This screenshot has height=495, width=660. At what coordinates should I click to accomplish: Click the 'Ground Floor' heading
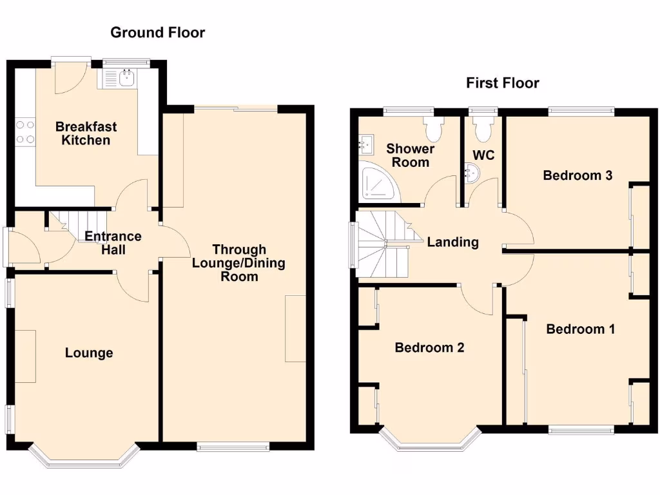click(x=157, y=32)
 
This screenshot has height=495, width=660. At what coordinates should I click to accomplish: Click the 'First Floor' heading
click(x=502, y=83)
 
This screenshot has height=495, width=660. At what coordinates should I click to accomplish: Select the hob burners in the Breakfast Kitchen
click(x=25, y=131)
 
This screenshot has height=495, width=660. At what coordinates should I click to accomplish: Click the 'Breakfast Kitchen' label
click(x=86, y=133)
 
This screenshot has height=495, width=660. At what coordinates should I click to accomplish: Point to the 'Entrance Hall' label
click(x=113, y=243)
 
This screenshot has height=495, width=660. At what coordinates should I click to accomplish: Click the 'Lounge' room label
click(x=89, y=353)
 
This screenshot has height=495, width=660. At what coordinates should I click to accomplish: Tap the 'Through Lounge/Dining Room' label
click(x=239, y=263)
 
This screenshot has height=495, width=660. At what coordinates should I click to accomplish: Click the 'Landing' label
click(x=453, y=242)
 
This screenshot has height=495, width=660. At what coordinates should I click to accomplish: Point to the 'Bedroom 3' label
click(x=577, y=175)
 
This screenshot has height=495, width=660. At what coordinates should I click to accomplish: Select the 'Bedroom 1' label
click(x=580, y=329)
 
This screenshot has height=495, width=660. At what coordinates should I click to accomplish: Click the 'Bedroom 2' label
click(x=429, y=347)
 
